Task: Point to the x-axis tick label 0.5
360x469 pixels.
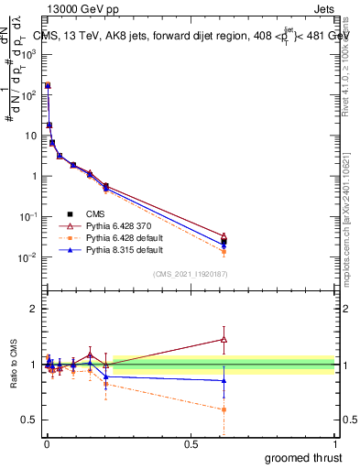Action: pyautogui.click(x=191, y=443)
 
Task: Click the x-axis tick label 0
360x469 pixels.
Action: pyautogui.click(x=47, y=443)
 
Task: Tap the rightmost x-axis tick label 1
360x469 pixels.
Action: pyautogui.click(x=334, y=443)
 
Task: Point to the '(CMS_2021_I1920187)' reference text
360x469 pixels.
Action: pyautogui.click(x=191, y=273)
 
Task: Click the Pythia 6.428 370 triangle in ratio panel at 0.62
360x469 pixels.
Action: pyautogui.click(x=224, y=339)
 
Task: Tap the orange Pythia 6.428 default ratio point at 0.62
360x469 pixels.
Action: pyautogui.click(x=224, y=409)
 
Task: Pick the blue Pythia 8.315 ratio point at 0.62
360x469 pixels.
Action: pyautogui.click(x=224, y=380)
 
